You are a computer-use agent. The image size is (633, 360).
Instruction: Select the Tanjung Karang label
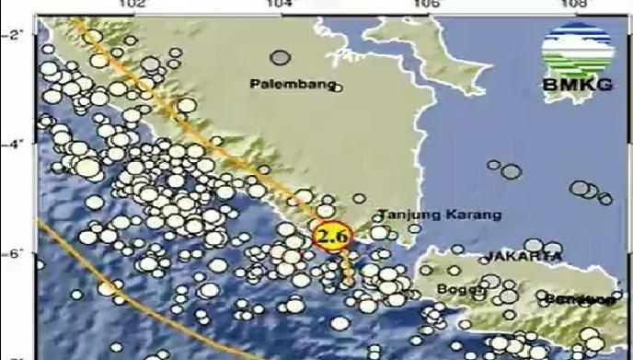tap(437, 216)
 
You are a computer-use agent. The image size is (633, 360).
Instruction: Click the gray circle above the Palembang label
tap(281, 58)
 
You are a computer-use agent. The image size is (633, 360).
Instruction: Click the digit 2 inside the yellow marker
tap(325, 238)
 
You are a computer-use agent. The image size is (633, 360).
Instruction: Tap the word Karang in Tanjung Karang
tap(470, 216)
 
